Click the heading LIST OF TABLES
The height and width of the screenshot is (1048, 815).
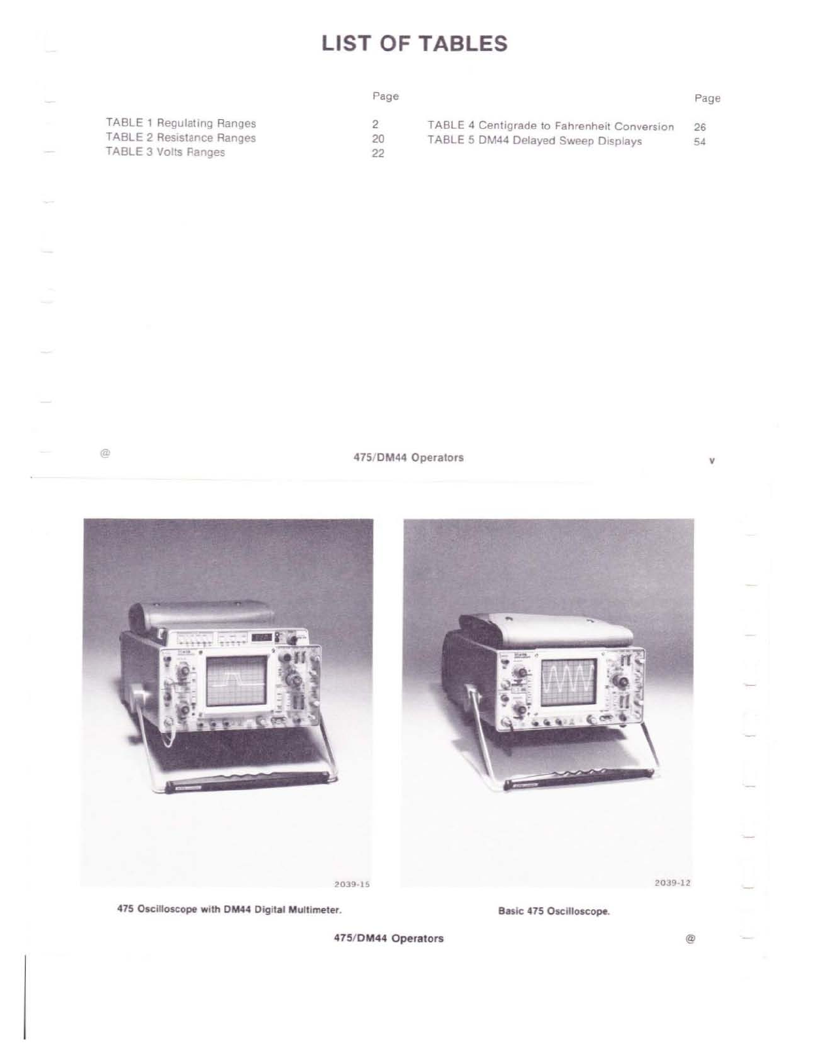[414, 43]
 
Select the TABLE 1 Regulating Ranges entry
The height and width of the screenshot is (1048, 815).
[181, 123]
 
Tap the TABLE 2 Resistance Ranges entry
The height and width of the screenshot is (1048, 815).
[181, 138]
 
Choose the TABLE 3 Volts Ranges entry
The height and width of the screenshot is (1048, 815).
[166, 152]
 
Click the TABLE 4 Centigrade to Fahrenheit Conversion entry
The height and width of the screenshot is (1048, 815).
[551, 126]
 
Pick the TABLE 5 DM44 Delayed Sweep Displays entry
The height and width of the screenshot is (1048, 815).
[535, 141]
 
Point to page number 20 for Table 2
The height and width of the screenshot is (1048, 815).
[378, 139]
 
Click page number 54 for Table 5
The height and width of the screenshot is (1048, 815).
[700, 141]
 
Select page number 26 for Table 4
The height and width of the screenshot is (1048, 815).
[700, 127]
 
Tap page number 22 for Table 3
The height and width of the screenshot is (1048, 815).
[378, 153]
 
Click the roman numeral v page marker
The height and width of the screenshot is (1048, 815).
[712, 460]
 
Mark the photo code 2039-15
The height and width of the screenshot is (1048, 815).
[352, 884]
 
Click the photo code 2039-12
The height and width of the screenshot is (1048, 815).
[672, 883]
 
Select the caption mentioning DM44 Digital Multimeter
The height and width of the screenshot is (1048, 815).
[229, 910]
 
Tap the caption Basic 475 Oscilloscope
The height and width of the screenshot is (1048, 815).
[554, 912]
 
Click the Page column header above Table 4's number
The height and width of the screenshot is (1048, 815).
[707, 98]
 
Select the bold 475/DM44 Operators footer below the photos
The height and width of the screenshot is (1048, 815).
[388, 939]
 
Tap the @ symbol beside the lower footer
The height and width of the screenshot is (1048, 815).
[690, 939]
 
